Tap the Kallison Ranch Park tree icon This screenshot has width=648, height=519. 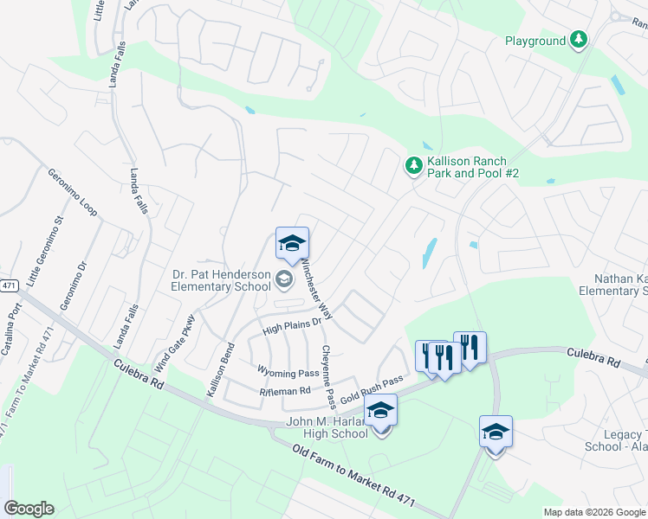[415, 164]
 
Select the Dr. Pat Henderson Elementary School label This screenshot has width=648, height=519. [220, 280]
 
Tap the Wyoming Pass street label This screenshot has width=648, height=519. [288, 372]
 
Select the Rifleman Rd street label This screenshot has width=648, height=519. [285, 392]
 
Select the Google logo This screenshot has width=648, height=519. [29, 509]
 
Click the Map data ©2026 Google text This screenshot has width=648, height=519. [593, 512]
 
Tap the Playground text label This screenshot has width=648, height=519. [535, 41]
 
